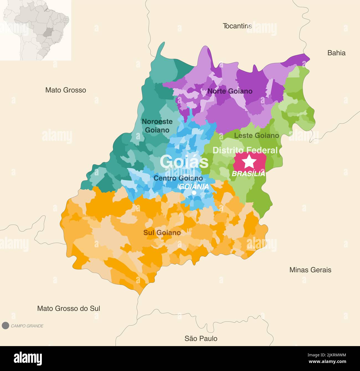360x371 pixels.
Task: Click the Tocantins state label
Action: [237, 26]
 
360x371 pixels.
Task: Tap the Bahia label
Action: [336, 53]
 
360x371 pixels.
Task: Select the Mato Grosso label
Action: [66, 90]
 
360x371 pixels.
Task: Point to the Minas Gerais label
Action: [310, 270]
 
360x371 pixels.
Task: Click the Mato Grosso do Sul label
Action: [69, 308]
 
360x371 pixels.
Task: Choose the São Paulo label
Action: [201, 338]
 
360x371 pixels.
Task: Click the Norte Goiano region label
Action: [230, 91]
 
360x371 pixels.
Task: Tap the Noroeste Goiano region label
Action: [157, 126]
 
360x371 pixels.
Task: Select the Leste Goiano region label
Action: [256, 135]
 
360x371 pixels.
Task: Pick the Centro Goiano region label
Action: [178, 178]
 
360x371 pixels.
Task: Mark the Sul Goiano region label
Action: [162, 233]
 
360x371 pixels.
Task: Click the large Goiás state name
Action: [184, 162]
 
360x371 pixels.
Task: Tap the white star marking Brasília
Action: [250, 161]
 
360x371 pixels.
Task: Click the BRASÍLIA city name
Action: [248, 174]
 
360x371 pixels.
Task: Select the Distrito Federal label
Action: [245, 150]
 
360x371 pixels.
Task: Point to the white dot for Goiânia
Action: [194, 193]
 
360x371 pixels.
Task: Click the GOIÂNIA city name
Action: [194, 186]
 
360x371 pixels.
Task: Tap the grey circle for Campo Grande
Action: [5, 326]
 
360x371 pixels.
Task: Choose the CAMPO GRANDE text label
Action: [27, 326]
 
